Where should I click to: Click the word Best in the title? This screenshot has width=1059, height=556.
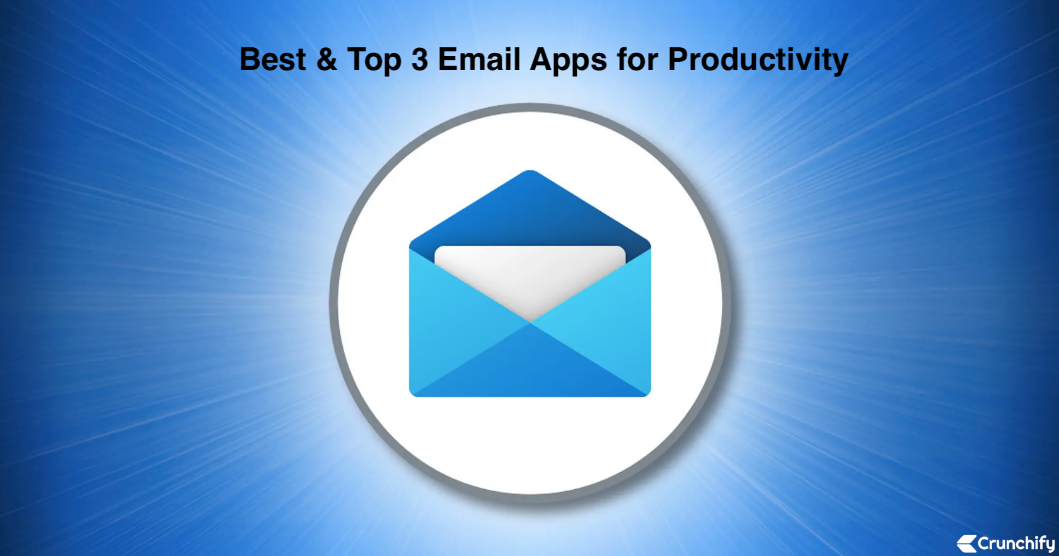pyautogui.click(x=273, y=59)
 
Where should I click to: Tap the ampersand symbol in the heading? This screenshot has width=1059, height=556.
pyautogui.click(x=327, y=59)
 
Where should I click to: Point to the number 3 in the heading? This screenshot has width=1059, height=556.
pyautogui.click(x=419, y=59)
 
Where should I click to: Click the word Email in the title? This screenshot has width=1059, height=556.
pyautogui.click(x=479, y=59)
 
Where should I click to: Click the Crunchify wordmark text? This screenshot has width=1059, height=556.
pyautogui.click(x=1016, y=543)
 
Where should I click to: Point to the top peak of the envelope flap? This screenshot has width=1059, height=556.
pyautogui.click(x=530, y=171)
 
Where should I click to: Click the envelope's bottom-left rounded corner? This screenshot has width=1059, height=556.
pyautogui.click(x=413, y=393)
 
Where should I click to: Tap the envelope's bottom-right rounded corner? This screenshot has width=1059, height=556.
pyautogui.click(x=648, y=393)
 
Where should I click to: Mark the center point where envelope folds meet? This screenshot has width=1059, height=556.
pyautogui.click(x=530, y=323)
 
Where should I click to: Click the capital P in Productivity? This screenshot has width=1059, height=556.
pyautogui.click(x=678, y=59)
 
